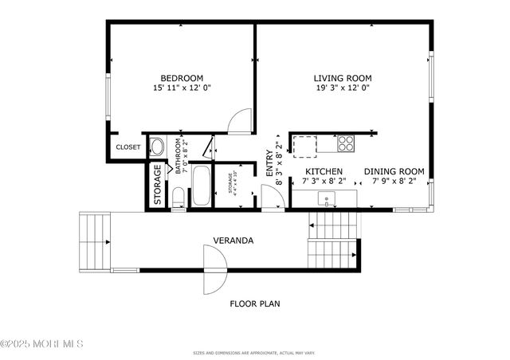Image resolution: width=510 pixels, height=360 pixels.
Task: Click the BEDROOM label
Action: (182, 78)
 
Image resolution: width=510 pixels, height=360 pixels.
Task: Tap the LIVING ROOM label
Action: (343, 78)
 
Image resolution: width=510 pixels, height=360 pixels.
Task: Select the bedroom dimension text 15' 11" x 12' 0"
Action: (182, 88)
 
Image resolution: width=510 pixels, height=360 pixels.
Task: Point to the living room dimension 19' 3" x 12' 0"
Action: (343, 88)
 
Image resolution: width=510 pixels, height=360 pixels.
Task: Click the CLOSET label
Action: (128, 147)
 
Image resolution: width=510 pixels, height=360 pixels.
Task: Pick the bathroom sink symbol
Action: (157, 147)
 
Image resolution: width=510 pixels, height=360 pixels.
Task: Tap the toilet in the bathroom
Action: (178, 197)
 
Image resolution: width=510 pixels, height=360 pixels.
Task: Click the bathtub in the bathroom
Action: (202, 186)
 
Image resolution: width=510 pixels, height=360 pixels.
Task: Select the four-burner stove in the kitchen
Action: (346, 144)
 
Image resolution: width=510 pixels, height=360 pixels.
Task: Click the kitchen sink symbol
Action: (327, 199)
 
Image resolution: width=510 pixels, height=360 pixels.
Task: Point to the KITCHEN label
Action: (324, 171)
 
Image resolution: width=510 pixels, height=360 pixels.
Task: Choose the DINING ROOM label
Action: (394, 171)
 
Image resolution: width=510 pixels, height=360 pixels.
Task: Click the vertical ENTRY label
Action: (269, 163)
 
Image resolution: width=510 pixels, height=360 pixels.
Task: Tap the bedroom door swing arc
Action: (237, 121)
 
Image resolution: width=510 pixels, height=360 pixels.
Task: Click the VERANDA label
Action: (233, 240)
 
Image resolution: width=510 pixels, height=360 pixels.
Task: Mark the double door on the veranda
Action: (214, 269)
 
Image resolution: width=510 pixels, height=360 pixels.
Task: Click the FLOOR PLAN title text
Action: (254, 303)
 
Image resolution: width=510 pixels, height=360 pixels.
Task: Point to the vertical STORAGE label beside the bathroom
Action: (157, 186)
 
